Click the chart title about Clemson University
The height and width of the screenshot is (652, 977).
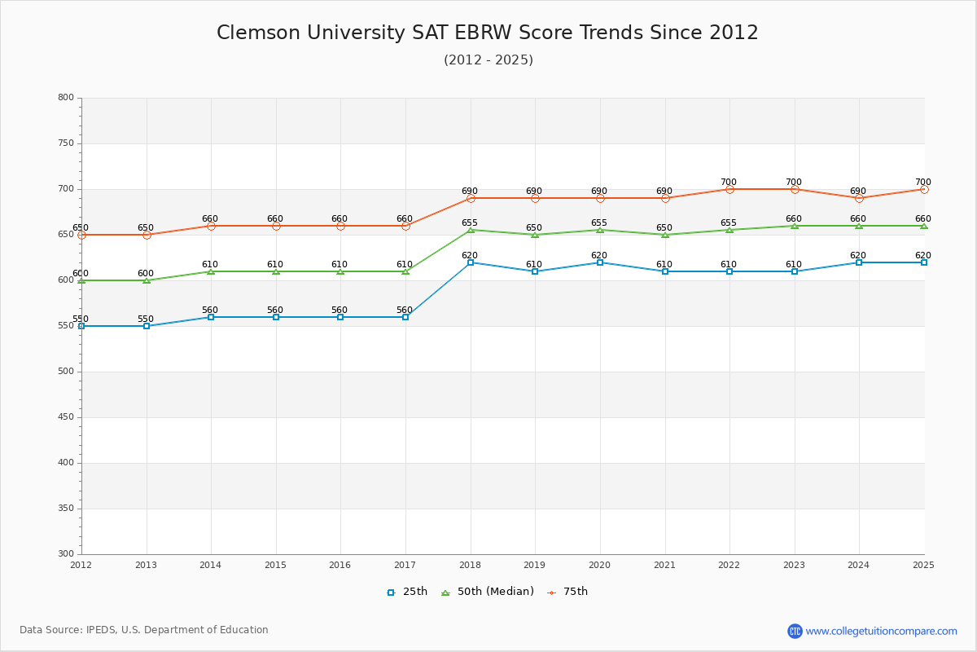pos(487,33)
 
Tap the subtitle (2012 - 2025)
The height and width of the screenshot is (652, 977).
pos(488,60)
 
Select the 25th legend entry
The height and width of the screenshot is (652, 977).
pos(406,592)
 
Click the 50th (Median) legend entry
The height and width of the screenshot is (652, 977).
pos(487,592)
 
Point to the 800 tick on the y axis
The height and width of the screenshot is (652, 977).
pos(65,98)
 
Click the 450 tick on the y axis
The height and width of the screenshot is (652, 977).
pos(65,417)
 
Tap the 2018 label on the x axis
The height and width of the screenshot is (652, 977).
pos(470,565)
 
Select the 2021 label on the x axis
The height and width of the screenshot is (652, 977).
pos(664,565)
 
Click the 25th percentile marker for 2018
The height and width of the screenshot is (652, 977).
pos(471,262)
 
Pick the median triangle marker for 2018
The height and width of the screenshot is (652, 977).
pos(471,230)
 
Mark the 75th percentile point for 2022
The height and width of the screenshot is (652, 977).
pos(729,189)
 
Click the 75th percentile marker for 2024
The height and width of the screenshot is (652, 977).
pos(859,198)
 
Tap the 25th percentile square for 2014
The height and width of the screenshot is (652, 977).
pos(211,317)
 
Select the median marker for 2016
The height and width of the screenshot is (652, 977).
pos(340,271)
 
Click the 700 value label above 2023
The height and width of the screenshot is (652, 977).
pos(794,183)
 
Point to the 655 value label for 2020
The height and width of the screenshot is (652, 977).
pos(599,223)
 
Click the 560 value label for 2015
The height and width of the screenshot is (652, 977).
pos(275,311)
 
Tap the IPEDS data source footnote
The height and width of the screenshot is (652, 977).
pos(144,630)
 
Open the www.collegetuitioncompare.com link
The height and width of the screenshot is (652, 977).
pos(881,631)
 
